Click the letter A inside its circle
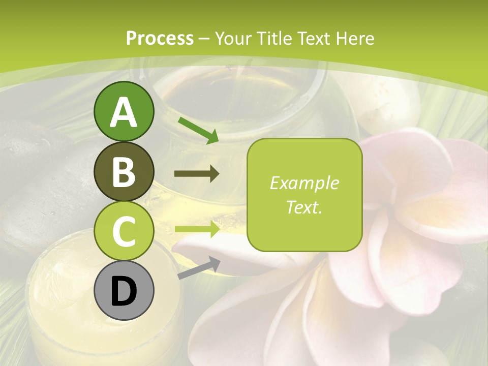click(124, 113)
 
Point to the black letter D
click(124, 291)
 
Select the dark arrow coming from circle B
click(197, 174)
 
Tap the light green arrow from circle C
click(197, 229)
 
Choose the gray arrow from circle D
click(198, 268)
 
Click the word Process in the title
click(160, 38)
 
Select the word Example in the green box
click(304, 183)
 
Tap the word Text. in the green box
click(304, 207)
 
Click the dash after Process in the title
click(204, 39)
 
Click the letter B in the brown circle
click(124, 172)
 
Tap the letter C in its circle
click(124, 232)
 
